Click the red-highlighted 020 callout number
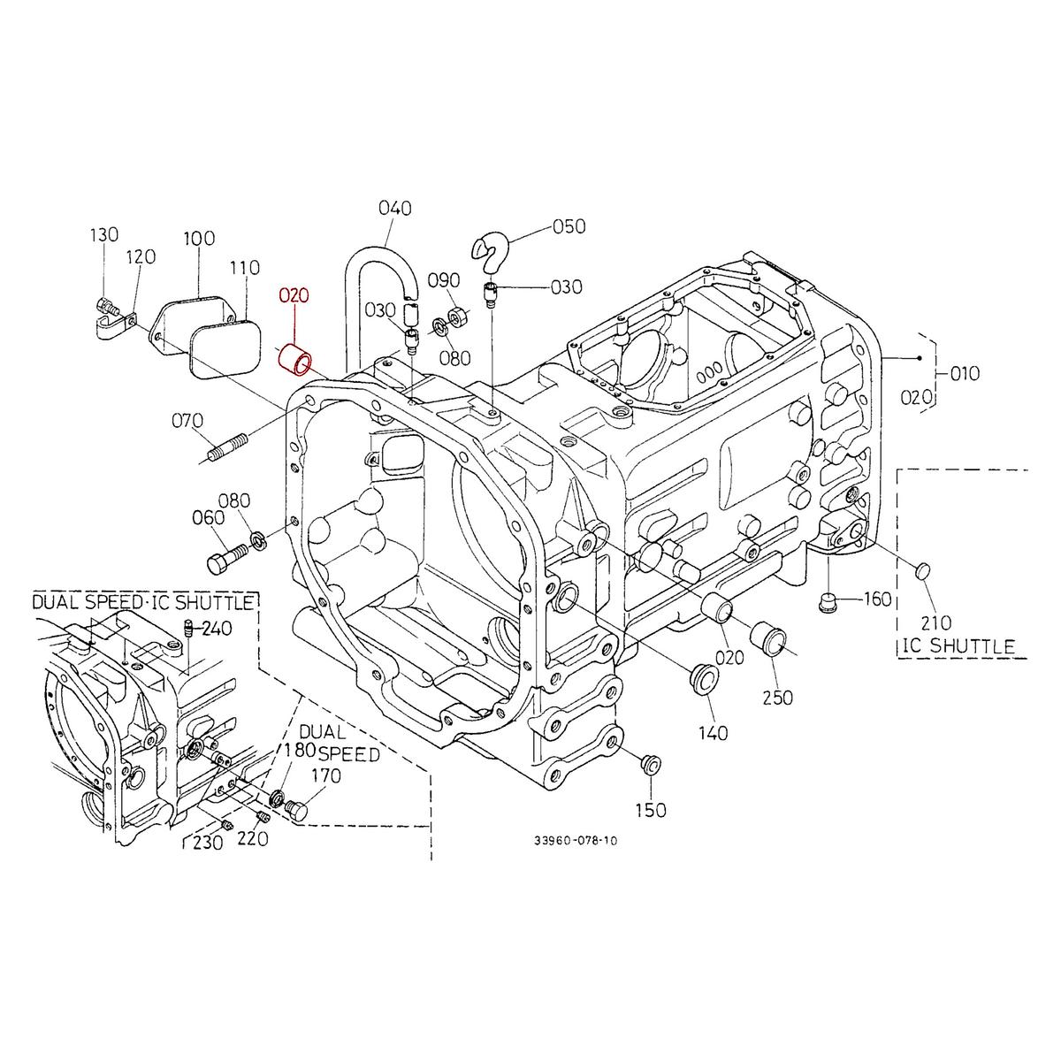point(294,295)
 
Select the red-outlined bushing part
point(295,359)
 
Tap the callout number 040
point(395,209)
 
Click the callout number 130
point(103,234)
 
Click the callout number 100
point(200,240)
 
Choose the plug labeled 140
point(703,676)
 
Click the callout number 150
point(651,810)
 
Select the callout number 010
point(966,373)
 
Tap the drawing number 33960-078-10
point(576,841)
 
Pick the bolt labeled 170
point(299,808)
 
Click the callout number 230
point(209,843)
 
